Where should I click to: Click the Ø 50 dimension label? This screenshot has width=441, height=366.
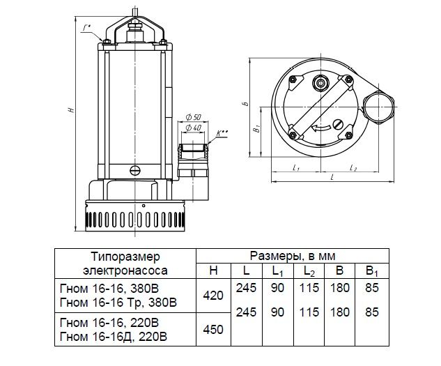point(194,117)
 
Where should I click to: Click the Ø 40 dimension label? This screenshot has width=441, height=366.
point(194,128)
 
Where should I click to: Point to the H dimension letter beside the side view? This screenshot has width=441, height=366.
point(72,109)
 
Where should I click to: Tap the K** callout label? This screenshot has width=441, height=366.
point(223,132)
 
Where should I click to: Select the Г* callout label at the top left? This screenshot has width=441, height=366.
point(86,28)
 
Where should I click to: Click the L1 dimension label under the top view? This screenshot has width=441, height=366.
point(296,168)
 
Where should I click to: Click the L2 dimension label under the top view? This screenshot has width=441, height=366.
point(353,168)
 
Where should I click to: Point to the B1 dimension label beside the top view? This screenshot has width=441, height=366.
point(256,130)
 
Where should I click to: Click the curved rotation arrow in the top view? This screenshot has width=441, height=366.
point(321,129)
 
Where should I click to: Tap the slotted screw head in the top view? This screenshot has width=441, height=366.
point(338,124)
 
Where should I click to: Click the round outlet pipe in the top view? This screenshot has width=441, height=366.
point(378,107)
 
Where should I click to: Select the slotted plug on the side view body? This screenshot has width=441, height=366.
point(136,170)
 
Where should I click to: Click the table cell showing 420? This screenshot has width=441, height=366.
point(213,296)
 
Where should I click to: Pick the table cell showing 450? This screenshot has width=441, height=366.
point(213,329)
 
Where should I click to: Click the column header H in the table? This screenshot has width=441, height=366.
point(214,270)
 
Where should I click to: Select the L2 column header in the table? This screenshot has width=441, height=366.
point(309,271)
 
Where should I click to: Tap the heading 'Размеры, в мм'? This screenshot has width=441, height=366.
point(293,257)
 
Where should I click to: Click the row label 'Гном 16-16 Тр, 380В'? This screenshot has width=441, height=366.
point(118,303)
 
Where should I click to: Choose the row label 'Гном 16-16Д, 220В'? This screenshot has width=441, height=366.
point(114,336)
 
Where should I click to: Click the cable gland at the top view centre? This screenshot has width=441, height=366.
point(320,82)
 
